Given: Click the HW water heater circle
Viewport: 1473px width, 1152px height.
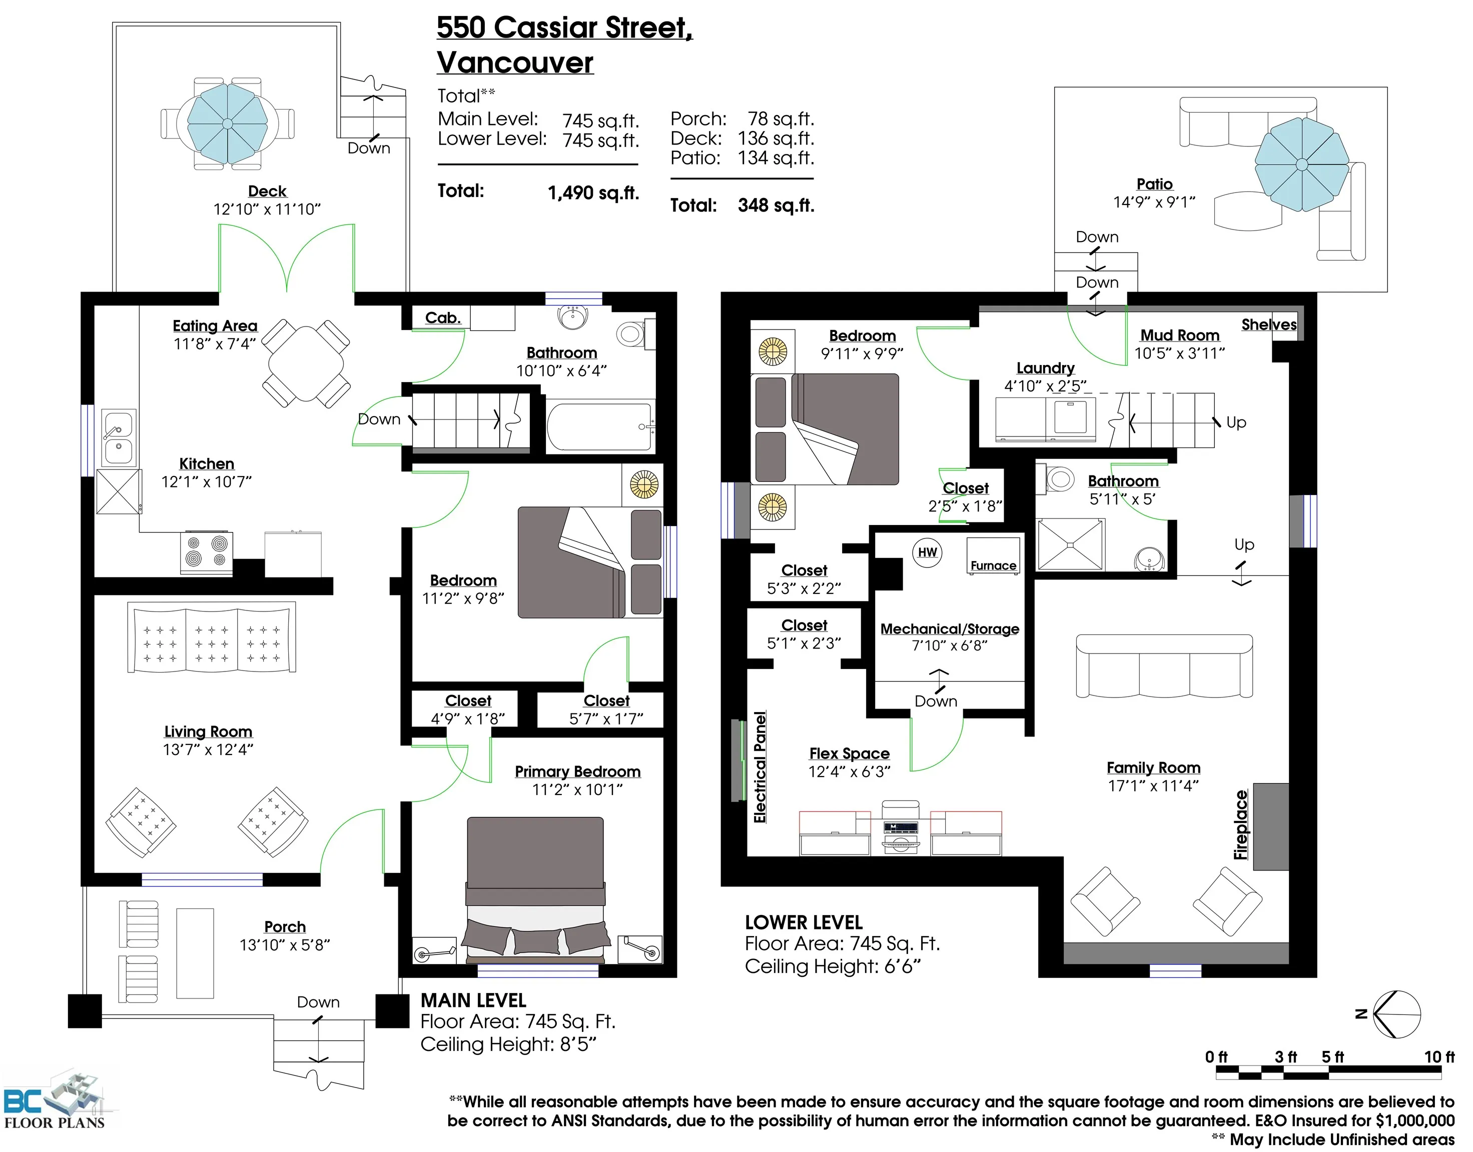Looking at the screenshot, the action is pos(927,552).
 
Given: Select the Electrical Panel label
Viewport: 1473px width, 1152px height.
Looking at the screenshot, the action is pos(760,767).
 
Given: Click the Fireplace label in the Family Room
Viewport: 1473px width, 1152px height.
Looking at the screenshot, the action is pos(1240,825).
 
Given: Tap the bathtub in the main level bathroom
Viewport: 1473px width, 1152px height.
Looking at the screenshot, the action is pos(599,426).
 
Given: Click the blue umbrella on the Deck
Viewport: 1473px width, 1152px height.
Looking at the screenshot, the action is pos(227,123).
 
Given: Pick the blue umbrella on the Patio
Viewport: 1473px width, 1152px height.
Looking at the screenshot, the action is pos(1301,164).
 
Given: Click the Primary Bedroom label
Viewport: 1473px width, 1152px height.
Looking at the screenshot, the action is pos(577,771).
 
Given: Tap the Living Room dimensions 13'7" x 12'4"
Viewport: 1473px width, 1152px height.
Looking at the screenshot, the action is pos(208,749).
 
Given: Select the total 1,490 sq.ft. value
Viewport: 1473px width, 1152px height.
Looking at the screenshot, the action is pos(593,193).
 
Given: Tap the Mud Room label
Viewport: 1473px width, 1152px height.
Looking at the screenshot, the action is pos(1179,335).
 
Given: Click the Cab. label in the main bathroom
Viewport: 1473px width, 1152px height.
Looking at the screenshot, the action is pos(443,317).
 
